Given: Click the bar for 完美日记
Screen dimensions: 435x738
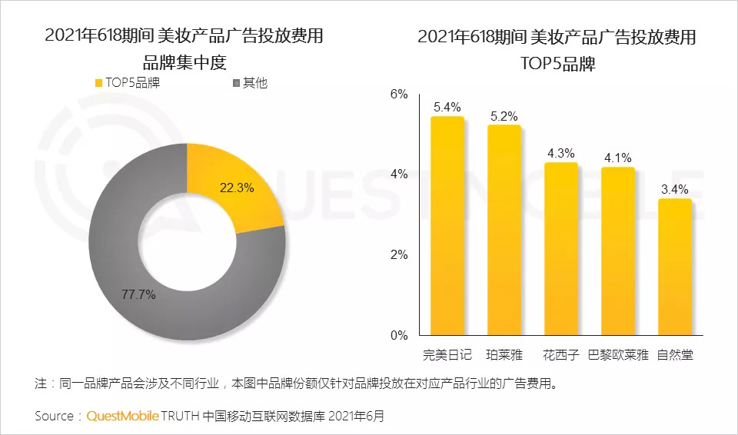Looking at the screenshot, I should (x=447, y=226).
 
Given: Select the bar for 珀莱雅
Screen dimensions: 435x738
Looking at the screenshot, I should (x=504, y=231).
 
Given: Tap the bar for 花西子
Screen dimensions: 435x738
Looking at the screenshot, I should (x=560, y=249).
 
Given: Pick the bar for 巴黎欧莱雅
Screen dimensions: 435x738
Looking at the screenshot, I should (x=617, y=251).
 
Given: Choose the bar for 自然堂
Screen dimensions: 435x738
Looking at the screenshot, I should (x=674, y=267).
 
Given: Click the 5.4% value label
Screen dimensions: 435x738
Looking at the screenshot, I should (x=447, y=107).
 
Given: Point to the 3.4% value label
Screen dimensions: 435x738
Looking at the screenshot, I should (x=674, y=189).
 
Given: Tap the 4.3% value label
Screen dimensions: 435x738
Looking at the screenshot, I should (x=560, y=153).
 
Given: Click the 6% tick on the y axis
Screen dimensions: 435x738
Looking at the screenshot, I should (x=398, y=95).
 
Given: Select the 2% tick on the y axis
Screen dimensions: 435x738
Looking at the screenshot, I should (x=398, y=255).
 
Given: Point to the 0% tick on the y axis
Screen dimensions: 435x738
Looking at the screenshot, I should (x=398, y=336).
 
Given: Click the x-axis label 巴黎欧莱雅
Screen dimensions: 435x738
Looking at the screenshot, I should (x=617, y=355).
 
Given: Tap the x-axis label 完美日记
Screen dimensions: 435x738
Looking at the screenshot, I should (x=447, y=355).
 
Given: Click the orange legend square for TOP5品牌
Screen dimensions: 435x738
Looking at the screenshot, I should (x=98, y=83).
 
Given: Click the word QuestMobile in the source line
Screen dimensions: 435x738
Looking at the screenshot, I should (x=122, y=416).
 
